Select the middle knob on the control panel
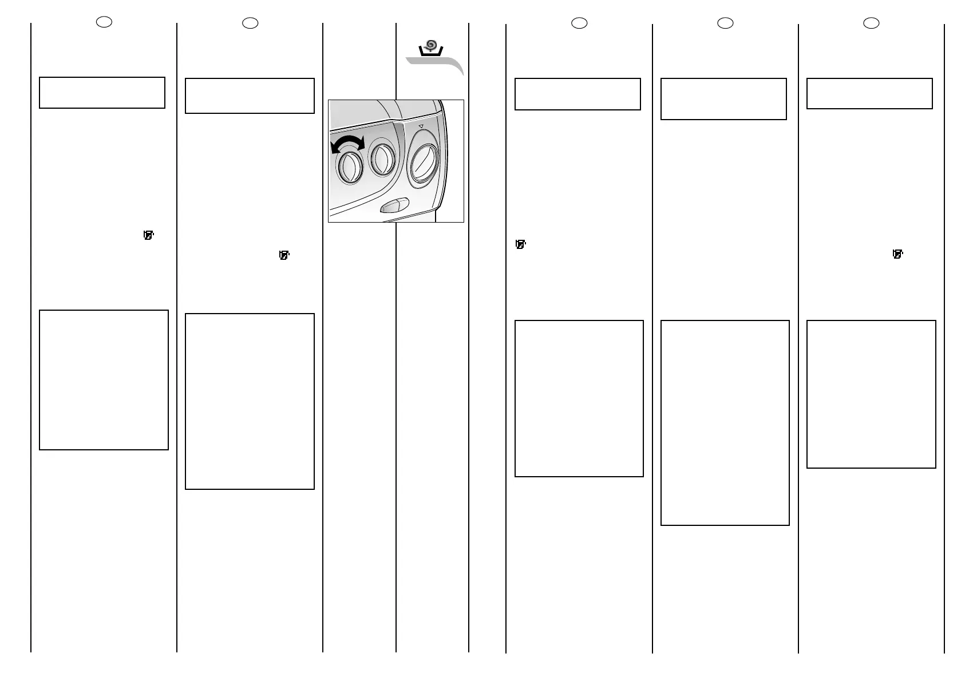382,159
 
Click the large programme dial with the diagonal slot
424,159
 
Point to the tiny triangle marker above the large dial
421,126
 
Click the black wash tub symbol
431,52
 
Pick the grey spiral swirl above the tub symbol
432,44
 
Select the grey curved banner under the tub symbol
435,64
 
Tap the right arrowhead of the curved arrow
360,142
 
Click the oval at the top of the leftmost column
104,22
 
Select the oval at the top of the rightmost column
871,23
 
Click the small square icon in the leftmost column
149,235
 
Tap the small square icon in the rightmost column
897,254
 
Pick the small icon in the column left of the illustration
284,255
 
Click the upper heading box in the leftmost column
102,93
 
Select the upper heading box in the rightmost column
869,93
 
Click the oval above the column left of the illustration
250,23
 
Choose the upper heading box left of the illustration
250,96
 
